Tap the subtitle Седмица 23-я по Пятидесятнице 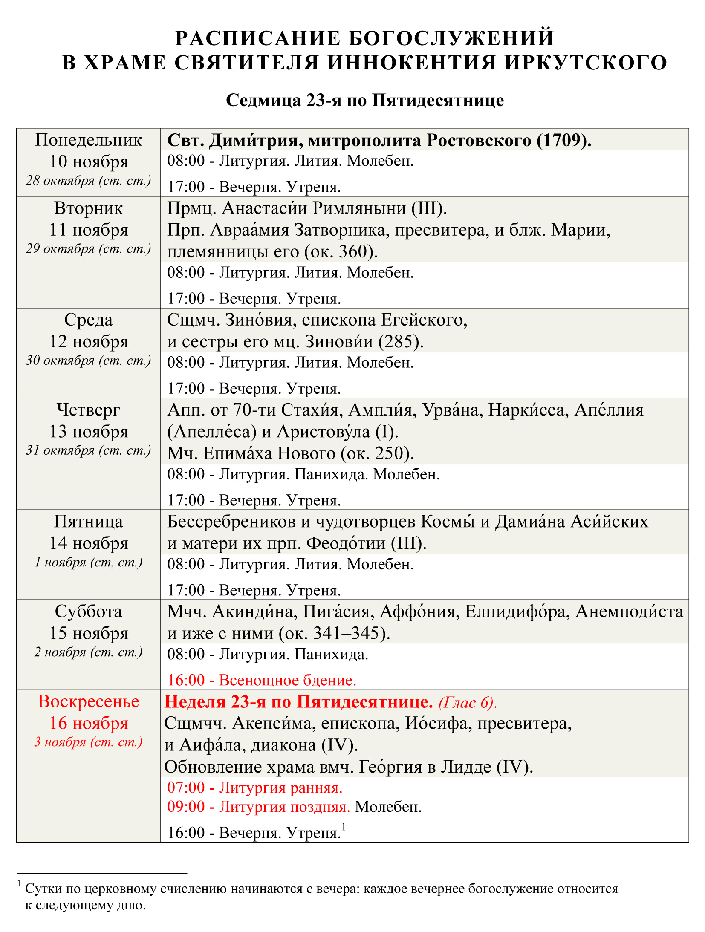[x=364, y=100]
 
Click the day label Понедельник [x=88, y=140]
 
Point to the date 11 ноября [x=88, y=230]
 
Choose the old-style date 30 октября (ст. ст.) [x=88, y=361]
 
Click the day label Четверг [x=88, y=410]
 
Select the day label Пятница [x=88, y=522]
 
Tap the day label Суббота [x=88, y=612]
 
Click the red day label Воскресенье [x=88, y=701]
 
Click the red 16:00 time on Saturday [x=186, y=680]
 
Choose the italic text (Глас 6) [x=468, y=702]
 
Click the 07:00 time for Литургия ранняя [x=186, y=788]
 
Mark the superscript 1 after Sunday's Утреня [x=344, y=827]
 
